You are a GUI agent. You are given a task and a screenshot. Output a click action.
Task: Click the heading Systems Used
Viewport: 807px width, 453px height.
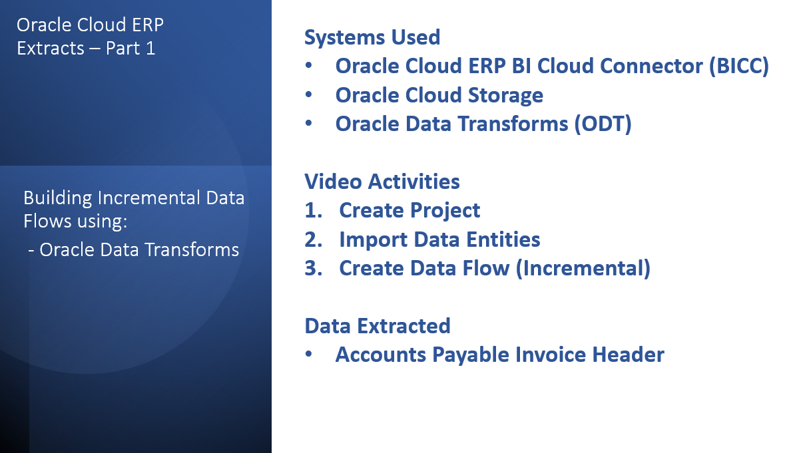372,37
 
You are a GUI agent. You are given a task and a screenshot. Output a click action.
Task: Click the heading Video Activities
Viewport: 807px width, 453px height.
382,182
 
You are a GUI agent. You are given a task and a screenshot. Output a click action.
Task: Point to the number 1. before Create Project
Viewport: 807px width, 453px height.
313,210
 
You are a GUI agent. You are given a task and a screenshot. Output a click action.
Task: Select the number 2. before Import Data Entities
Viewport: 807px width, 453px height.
313,239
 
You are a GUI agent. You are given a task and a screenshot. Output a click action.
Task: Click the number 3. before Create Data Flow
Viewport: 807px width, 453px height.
313,268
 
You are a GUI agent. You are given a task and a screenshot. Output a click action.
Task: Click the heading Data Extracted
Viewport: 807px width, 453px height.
378,326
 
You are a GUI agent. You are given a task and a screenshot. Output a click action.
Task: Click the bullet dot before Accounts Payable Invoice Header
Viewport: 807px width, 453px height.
308,354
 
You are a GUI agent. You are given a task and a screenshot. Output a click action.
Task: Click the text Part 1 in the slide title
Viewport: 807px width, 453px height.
131,49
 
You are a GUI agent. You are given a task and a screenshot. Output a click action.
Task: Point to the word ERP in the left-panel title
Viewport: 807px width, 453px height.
148,25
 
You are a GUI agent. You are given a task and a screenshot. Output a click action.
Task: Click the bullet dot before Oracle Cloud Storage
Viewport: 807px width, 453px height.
308,94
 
